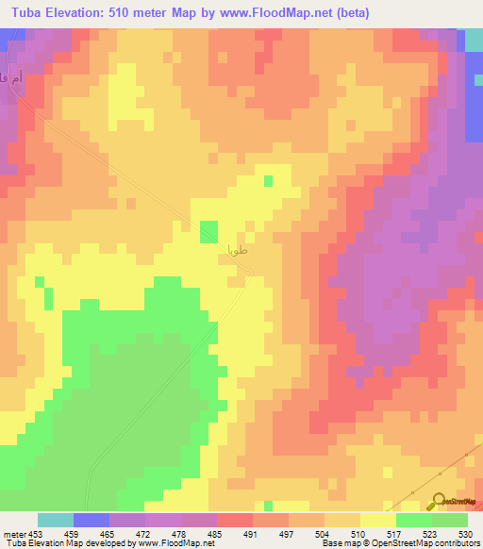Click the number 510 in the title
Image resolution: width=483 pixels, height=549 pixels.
click(x=111, y=12)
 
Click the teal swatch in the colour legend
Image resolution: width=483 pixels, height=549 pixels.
click(x=56, y=520)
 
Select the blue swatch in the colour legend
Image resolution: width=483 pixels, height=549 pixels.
click(x=92, y=520)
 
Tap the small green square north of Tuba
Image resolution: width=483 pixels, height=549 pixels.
click(x=269, y=180)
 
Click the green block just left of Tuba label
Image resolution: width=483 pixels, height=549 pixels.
click(x=208, y=231)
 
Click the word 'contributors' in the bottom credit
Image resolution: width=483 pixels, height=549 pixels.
click(x=457, y=543)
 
